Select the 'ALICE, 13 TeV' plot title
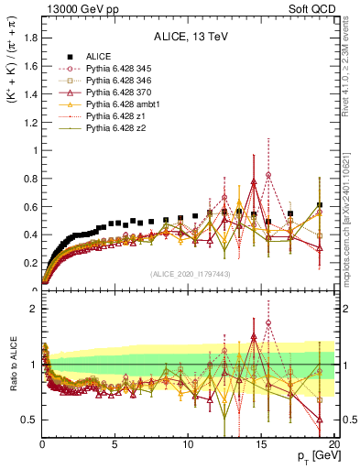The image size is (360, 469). point(189,37)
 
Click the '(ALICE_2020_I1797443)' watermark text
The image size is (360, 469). point(189,274)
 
